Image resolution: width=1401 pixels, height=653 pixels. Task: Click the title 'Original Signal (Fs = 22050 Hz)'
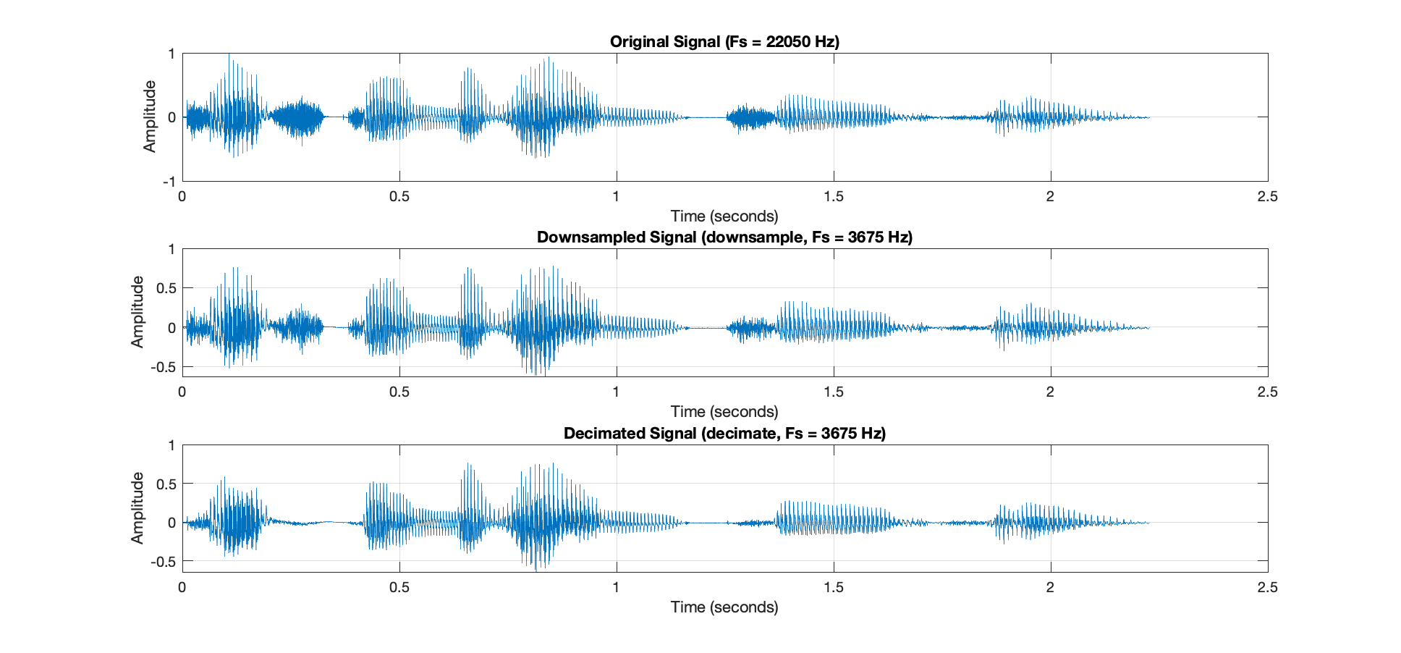[x=724, y=41]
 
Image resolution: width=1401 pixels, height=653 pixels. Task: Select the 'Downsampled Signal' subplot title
[x=724, y=237]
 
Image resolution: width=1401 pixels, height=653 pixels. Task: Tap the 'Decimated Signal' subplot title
[x=724, y=433]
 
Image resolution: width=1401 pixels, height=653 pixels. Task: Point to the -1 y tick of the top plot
[x=170, y=181]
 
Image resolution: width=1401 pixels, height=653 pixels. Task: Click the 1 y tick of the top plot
[x=172, y=54]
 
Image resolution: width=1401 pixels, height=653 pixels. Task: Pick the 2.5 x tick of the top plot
[x=1267, y=196]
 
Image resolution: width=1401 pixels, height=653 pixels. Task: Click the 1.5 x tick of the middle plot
[x=833, y=392]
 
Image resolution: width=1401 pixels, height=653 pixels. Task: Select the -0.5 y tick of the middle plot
[x=164, y=367]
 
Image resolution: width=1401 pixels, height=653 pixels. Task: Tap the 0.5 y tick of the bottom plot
[x=166, y=484]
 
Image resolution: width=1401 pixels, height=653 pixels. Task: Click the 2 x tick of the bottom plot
[x=1050, y=587]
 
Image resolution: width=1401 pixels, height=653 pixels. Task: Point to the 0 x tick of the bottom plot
[x=182, y=587]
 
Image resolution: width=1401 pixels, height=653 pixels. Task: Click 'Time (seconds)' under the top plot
[x=724, y=216]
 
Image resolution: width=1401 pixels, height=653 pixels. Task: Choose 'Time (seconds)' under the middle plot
[x=724, y=411]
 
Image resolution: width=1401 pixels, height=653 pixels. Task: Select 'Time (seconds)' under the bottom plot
[x=724, y=607]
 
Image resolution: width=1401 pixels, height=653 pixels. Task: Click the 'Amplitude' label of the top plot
[x=150, y=117]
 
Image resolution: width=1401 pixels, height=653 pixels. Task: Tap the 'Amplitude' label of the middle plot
[x=137, y=312]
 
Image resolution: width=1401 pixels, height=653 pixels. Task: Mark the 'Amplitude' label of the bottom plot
[x=137, y=507]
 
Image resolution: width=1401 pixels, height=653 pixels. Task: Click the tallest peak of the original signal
[x=229, y=56]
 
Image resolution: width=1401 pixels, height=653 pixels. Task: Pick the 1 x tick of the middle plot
[x=616, y=392]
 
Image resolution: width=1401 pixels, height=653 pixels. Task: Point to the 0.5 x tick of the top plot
[x=399, y=196]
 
